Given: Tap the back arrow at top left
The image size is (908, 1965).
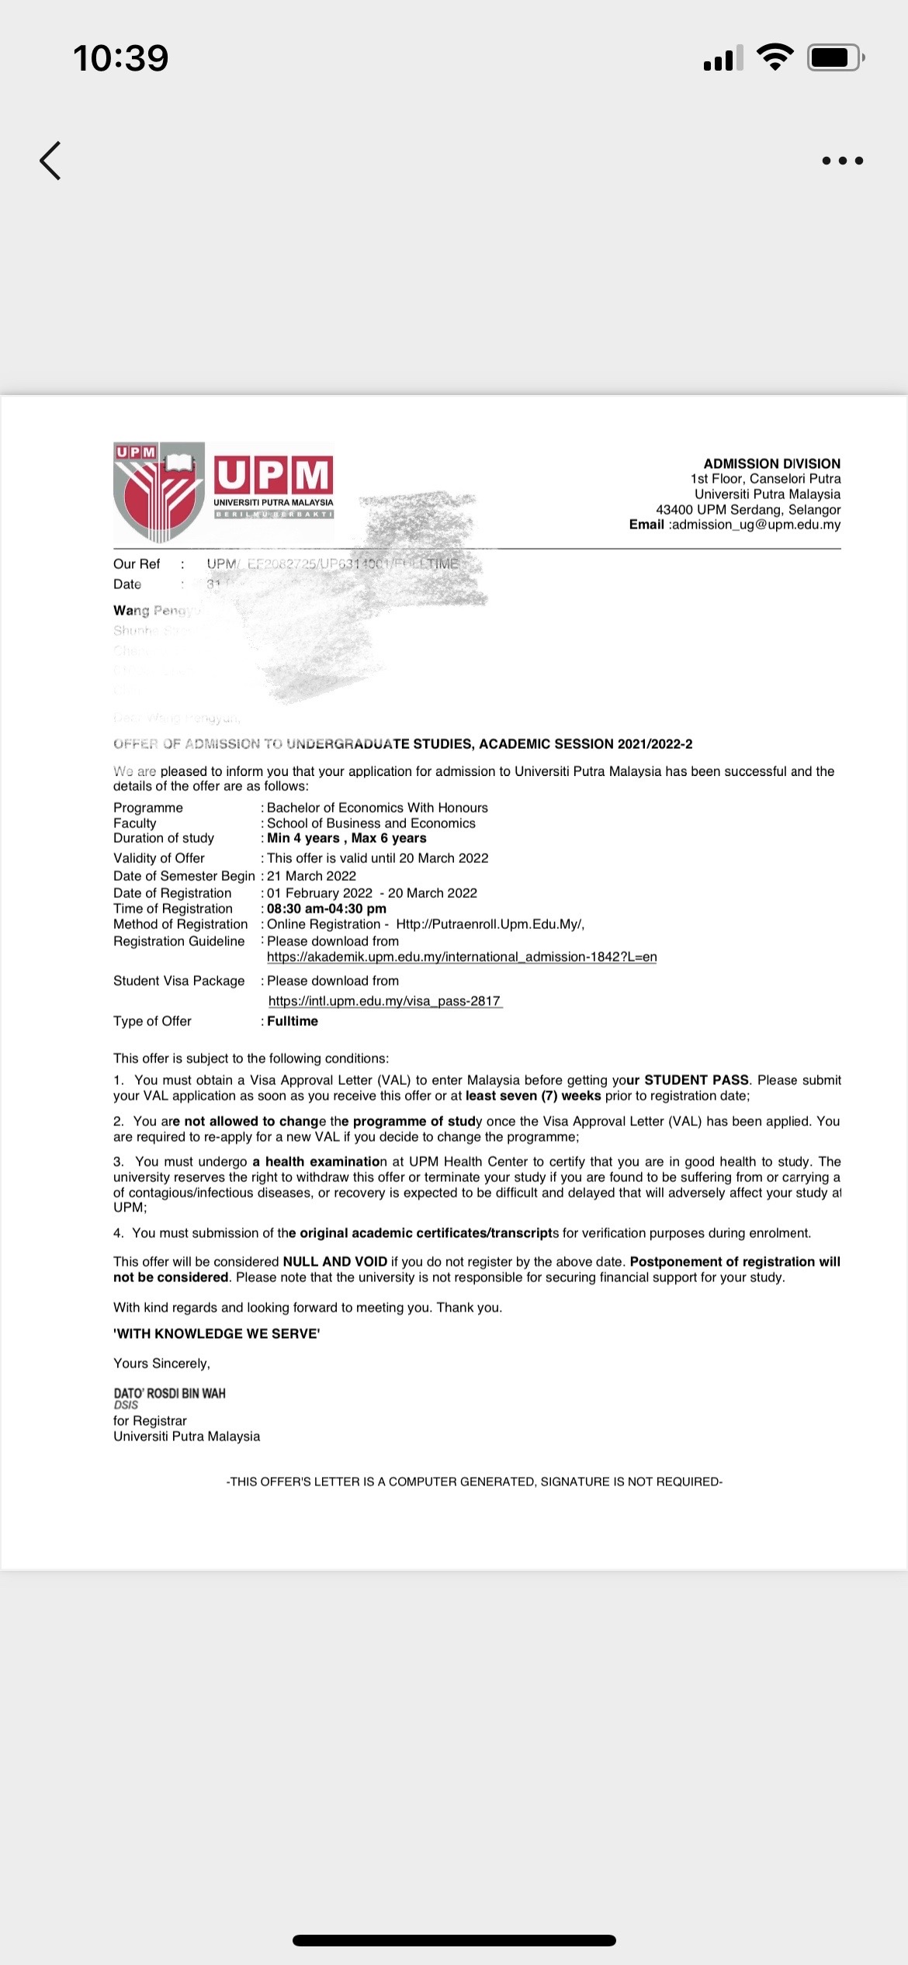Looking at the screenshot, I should pos(50,161).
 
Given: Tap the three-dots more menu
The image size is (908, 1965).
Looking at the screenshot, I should pos(842,161).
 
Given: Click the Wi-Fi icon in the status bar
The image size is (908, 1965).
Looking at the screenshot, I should pos(774,57).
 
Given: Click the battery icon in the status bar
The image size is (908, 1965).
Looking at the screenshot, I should pos(835,57).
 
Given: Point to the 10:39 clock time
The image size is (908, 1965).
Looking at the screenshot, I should pos(121,58).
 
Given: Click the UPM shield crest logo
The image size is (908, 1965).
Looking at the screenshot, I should pos(159,492).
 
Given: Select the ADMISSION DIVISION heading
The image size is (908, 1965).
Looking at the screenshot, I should pos(771,463).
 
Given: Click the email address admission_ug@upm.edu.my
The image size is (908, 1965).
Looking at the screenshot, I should pos(755,525).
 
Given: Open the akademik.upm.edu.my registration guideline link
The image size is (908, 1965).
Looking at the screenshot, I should pos(462,957).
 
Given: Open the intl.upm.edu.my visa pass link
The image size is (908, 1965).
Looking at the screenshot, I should pos(385,1001).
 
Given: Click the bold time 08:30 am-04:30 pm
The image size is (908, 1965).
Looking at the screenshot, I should pos(327,909).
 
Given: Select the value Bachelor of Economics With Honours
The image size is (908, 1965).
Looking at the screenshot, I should pos(377,808).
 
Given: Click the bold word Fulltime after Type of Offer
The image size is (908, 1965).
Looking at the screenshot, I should pos(293,1021).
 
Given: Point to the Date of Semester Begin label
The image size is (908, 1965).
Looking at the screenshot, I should pos(184,876).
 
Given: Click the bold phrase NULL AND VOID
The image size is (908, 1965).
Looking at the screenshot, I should pos(335,1262).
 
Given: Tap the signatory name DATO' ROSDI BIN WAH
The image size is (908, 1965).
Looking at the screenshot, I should pos(169,1393).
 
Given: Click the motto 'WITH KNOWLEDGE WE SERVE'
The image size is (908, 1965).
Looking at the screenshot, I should pos(217,1333).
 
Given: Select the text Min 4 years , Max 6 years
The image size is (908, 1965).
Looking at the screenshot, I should pos(347,838).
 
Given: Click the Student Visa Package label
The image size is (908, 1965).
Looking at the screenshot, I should pos(178,981).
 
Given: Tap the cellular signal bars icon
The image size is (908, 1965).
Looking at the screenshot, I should pos(723,58).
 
